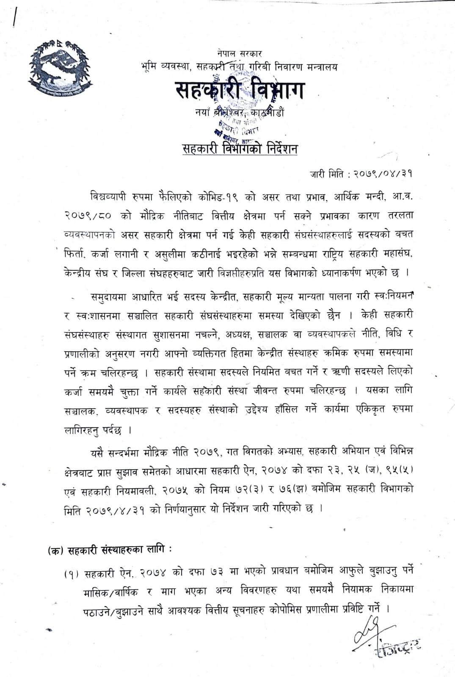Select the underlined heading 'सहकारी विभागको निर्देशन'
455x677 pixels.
click(x=240, y=149)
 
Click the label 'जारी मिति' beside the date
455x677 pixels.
click(x=328, y=174)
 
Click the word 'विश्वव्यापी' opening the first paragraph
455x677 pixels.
click(x=111, y=197)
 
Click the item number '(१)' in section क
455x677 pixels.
click(x=72, y=574)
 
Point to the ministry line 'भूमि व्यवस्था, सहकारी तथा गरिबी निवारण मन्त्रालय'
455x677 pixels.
click(x=240, y=66)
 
